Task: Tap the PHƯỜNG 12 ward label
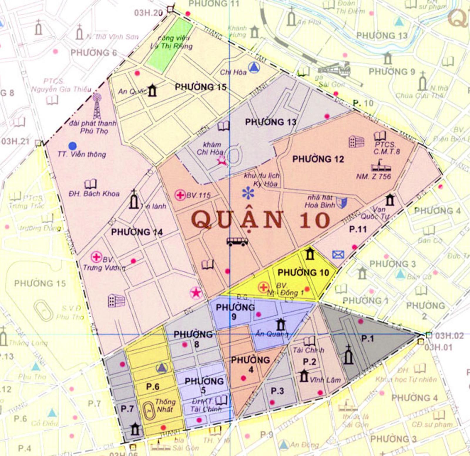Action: click(x=318, y=159)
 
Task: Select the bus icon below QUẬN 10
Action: click(x=237, y=242)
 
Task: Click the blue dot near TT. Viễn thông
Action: click(x=72, y=146)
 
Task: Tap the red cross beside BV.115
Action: click(x=180, y=195)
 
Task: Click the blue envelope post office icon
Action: click(x=338, y=254)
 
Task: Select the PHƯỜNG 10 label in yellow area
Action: click(x=303, y=273)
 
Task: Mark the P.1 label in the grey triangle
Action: click(x=367, y=339)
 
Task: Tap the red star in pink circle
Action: click(x=196, y=293)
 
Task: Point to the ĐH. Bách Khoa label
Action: click(x=94, y=194)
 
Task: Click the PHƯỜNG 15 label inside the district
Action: click(x=201, y=87)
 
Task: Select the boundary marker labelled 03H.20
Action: click(x=170, y=9)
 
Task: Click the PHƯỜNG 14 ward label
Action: click(x=137, y=232)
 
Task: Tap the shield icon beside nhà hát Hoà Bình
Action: click(x=342, y=203)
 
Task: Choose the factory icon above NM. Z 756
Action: click(x=381, y=166)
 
